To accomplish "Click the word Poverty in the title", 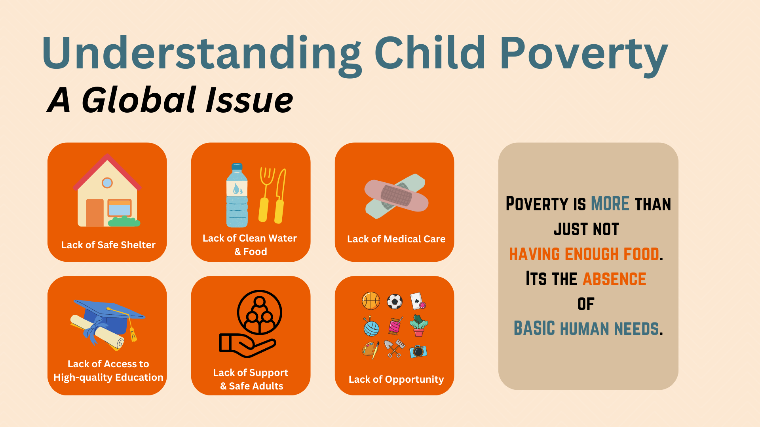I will (584, 53).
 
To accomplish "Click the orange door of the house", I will (95, 212).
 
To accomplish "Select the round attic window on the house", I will (107, 183).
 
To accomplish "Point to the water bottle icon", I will (237, 196).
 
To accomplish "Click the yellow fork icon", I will (266, 194).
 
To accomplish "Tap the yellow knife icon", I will (280, 196).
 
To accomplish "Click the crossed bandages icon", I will (396, 196).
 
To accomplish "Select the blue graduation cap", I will (109, 314).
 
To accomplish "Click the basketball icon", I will (371, 301).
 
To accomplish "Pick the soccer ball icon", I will (395, 301).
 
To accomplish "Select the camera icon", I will (418, 351).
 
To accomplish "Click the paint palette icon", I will (370, 350).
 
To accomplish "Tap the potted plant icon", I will (418, 326).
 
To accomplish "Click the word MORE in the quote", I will (610, 204).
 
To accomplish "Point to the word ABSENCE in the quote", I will (614, 279).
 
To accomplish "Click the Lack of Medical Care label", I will (396, 239).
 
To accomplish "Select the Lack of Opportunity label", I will (396, 379).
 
